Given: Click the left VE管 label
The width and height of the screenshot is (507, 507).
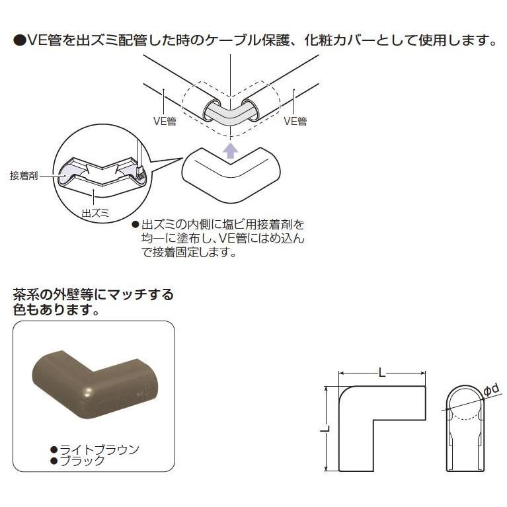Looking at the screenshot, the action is (164, 121).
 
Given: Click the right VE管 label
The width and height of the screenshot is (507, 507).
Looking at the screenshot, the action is (295, 121).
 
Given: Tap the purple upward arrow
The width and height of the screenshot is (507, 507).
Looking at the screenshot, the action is (229, 150).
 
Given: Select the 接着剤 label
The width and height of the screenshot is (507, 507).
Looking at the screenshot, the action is (24, 176).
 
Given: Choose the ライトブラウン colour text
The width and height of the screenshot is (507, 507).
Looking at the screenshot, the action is (99, 449).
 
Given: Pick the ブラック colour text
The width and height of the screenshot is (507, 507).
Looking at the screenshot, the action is (82, 461).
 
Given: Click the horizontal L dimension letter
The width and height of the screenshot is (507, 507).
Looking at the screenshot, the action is (382, 373).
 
